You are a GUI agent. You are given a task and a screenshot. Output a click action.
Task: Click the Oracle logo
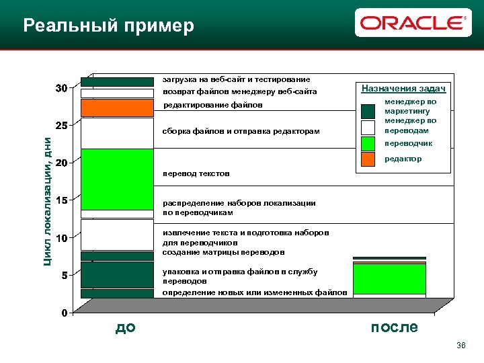click(x=413, y=24)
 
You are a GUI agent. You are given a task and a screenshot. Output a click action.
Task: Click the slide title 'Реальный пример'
click(x=108, y=26)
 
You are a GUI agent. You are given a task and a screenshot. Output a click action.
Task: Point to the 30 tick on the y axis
click(x=61, y=89)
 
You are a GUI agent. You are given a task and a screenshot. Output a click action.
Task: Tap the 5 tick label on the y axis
click(x=63, y=276)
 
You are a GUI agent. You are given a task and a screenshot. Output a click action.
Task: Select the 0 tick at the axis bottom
click(x=63, y=313)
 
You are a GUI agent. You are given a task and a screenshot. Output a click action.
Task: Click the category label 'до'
click(x=126, y=327)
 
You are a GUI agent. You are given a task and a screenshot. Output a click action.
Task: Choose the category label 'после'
click(x=394, y=327)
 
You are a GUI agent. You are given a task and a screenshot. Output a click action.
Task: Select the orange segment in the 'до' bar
click(x=117, y=108)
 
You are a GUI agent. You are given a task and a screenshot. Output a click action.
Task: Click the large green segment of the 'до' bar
click(x=117, y=179)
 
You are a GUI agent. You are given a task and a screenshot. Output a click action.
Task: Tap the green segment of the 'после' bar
click(x=389, y=278)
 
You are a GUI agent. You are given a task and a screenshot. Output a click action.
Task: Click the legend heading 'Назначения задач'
click(x=403, y=89)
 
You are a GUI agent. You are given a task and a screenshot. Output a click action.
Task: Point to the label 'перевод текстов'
click(x=196, y=173)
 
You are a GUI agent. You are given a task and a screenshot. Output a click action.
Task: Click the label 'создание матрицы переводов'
click(x=223, y=252)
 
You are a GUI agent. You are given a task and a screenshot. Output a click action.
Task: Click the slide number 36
click(x=460, y=346)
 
